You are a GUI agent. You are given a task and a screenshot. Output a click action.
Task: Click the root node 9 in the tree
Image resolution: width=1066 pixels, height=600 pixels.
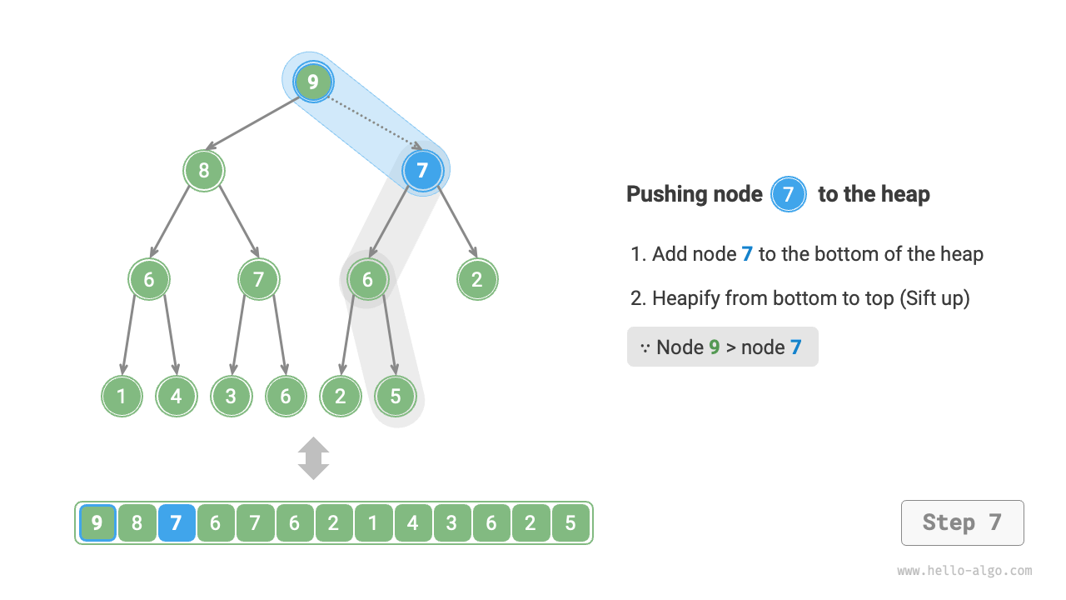(x=313, y=82)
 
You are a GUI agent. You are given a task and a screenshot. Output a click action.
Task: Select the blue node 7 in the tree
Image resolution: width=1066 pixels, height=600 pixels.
(x=422, y=171)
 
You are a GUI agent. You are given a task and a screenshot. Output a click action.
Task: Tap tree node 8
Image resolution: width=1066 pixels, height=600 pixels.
(x=204, y=171)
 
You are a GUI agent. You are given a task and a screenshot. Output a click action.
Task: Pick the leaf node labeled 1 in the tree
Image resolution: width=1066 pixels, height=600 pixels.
(x=122, y=396)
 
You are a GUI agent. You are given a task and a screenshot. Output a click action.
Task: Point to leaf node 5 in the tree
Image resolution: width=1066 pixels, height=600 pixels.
(x=395, y=396)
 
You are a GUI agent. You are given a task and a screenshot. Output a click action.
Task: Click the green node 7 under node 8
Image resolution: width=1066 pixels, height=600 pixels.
(x=258, y=279)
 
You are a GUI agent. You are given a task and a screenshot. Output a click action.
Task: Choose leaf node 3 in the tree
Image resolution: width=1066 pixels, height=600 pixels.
(x=231, y=396)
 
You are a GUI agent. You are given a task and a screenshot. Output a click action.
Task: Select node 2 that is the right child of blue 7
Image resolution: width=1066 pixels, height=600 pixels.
(x=477, y=279)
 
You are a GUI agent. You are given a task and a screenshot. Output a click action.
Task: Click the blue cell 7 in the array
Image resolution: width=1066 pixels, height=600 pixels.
(x=177, y=523)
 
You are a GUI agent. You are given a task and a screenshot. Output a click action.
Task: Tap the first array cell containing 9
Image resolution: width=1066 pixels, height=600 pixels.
(x=97, y=523)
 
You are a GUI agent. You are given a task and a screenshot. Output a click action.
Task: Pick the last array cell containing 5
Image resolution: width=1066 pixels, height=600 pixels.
(x=570, y=523)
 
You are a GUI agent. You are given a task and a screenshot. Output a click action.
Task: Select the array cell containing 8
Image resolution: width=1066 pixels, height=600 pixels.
(x=137, y=523)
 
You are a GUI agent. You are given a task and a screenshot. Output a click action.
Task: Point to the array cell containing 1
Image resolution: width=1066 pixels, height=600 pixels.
(x=373, y=523)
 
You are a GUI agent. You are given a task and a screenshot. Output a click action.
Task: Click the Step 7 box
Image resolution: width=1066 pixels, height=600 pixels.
(x=962, y=522)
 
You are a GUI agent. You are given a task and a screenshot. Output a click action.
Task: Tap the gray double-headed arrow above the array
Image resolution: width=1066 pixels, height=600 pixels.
(x=314, y=458)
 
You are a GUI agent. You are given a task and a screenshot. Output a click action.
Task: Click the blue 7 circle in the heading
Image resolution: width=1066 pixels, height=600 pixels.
(x=788, y=195)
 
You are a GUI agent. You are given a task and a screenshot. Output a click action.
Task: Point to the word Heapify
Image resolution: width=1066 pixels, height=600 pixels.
(x=685, y=298)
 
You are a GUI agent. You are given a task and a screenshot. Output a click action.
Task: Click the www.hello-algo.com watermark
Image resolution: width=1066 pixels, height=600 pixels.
(x=964, y=571)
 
